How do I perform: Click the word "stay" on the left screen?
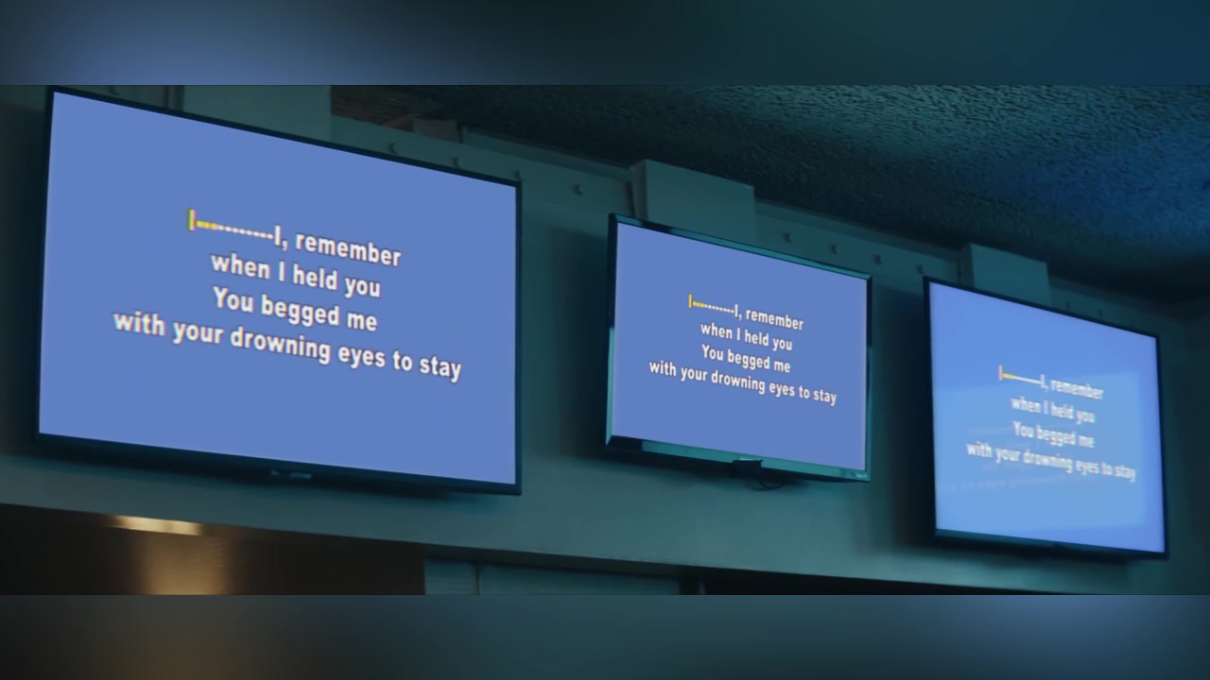(x=441, y=367)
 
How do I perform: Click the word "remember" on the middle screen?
(x=774, y=319)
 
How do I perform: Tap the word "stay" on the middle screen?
(x=824, y=396)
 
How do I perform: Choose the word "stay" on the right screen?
(x=1125, y=472)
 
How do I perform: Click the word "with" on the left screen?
(x=139, y=324)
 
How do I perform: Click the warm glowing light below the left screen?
(x=157, y=524)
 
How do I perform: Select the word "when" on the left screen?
(x=240, y=266)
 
